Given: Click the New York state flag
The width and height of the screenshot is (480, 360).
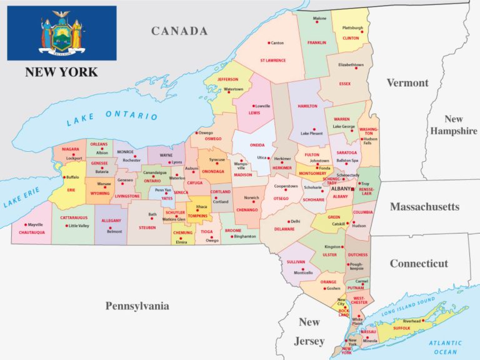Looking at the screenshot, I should pyautogui.click(x=61, y=33).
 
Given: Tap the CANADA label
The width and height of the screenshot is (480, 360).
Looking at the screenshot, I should pyautogui.click(x=179, y=31).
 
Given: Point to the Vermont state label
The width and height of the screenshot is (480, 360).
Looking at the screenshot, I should pyautogui.click(x=407, y=82).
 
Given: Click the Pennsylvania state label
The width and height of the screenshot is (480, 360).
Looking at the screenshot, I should pyautogui.click(x=137, y=306).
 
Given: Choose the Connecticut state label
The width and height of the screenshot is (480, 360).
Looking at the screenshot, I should pyautogui.click(x=419, y=263).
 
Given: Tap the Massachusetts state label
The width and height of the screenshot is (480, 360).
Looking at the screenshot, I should pyautogui.click(x=424, y=206).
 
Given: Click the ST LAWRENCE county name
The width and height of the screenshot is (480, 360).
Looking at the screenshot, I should pyautogui.click(x=273, y=61).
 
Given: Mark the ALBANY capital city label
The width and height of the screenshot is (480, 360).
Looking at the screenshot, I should pyautogui.click(x=341, y=188).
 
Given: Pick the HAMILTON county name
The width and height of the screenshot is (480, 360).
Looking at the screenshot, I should pyautogui.click(x=307, y=106).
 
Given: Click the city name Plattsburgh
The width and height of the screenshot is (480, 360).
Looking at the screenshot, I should pyautogui.click(x=352, y=27).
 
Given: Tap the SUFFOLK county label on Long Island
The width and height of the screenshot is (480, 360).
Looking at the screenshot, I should pyautogui.click(x=401, y=327).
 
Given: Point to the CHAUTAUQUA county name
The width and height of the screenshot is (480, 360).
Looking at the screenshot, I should pyautogui.click(x=31, y=232).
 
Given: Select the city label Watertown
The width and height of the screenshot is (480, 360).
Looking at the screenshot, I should pyautogui.click(x=234, y=89).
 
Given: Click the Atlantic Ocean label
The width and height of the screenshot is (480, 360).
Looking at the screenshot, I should pyautogui.click(x=444, y=347).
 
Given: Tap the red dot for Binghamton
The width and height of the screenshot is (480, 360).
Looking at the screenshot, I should pyautogui.click(x=229, y=237).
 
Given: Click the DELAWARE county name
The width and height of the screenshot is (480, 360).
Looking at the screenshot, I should pyautogui.click(x=284, y=229).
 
